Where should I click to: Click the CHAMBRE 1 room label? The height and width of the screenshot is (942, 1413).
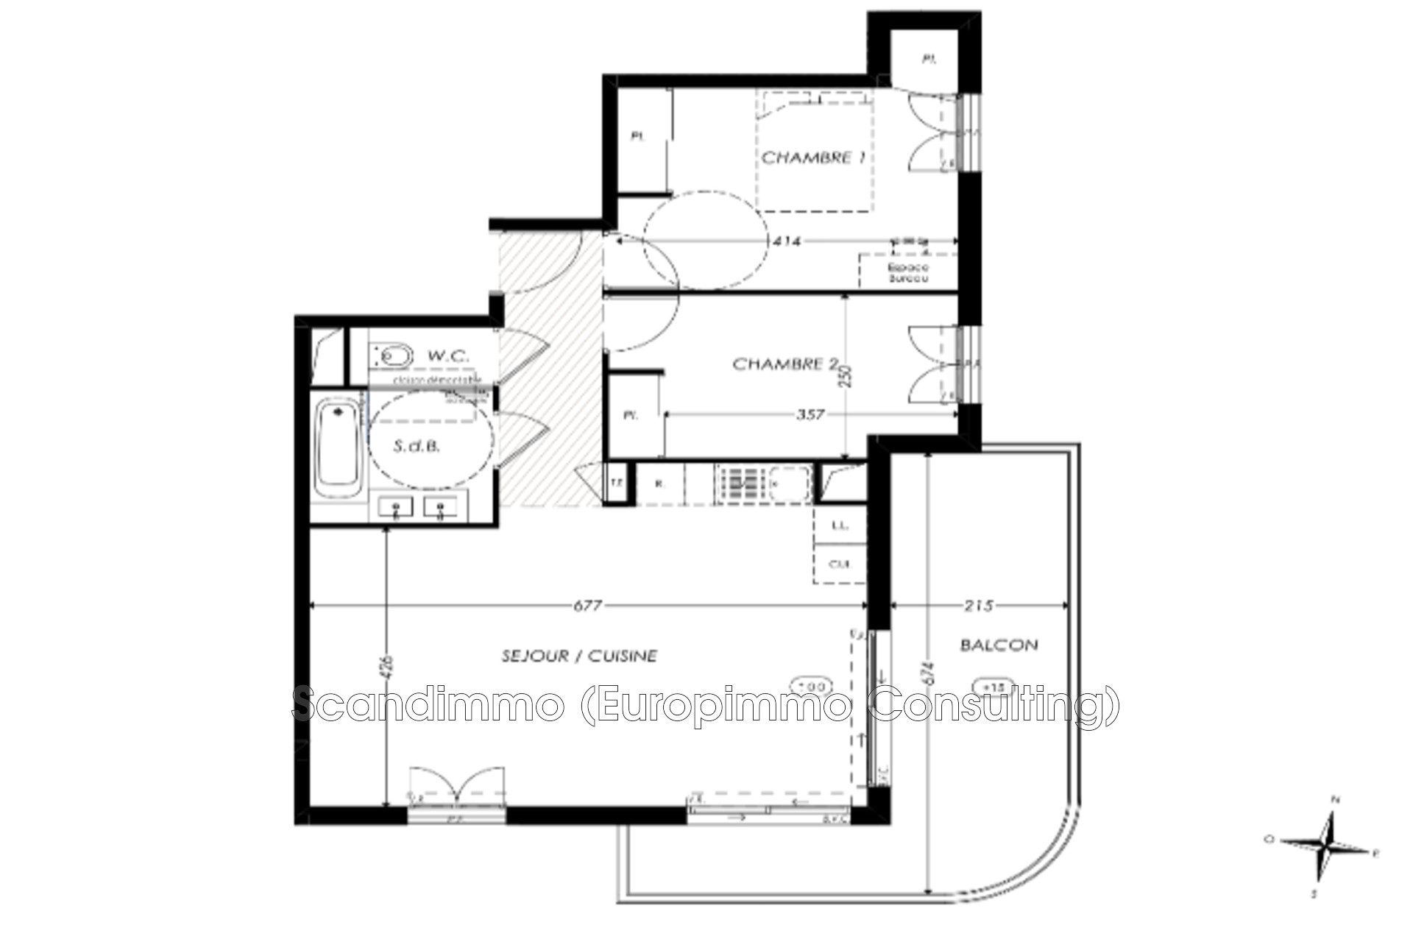pos(812,157)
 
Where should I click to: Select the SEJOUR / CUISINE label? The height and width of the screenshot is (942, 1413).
pos(579,656)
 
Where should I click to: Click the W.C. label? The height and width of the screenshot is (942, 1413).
pos(448,356)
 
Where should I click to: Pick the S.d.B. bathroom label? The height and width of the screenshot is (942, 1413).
pos(417,446)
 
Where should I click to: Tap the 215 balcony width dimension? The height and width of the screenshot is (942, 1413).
pos(978,606)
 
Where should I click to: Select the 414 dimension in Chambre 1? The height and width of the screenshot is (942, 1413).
pos(787,241)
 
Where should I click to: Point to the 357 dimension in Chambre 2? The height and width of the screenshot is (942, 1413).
pos(810,415)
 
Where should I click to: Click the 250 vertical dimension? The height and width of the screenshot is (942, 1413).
pos(846,377)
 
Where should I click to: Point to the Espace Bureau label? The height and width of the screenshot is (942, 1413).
pos(908,273)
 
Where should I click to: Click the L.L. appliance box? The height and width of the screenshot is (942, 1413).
pos(840,525)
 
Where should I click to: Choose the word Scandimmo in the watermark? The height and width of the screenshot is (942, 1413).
pos(428,704)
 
